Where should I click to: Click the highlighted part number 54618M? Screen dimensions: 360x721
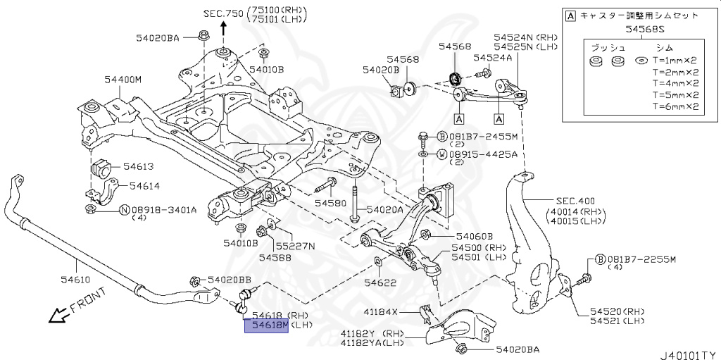click(265, 325)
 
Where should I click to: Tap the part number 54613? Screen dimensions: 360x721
click(139, 167)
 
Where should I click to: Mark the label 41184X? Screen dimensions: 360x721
click(400, 311)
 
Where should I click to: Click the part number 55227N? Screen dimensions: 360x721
click(295, 246)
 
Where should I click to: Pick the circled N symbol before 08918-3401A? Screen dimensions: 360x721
click(123, 209)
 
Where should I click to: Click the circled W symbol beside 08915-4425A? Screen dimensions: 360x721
click(441, 154)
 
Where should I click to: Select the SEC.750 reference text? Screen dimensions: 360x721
click(222, 13)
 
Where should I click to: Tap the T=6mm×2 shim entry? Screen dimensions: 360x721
click(675, 107)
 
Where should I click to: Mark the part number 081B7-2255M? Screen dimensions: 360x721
click(641, 259)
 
